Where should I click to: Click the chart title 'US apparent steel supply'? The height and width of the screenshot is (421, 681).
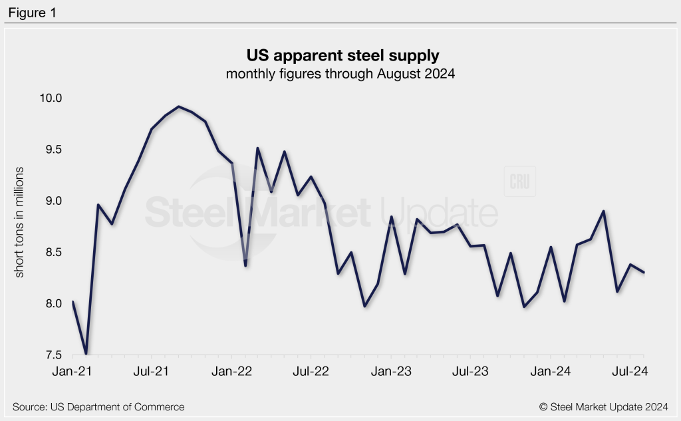pos(340,55)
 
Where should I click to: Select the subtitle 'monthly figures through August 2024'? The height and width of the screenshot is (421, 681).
pos(340,74)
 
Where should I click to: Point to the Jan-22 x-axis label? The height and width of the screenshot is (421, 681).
pos(231,372)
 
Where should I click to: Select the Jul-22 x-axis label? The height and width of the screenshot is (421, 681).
pos(311,372)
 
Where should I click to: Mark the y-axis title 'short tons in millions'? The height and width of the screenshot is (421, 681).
pos(19,223)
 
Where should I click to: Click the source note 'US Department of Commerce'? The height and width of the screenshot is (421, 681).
pos(98,406)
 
